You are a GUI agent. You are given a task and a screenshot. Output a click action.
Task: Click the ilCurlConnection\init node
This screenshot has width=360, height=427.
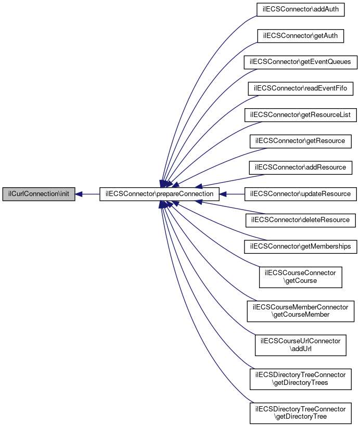[x=38, y=194]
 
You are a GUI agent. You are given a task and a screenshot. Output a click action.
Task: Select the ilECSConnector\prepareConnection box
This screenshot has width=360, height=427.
[x=159, y=194]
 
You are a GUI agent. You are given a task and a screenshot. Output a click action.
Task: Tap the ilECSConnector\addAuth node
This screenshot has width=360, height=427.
[x=301, y=9]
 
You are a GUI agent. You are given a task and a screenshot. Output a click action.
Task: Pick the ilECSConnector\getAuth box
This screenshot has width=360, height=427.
[x=301, y=36]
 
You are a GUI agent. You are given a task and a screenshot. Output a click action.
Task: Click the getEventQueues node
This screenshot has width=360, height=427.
[x=301, y=62]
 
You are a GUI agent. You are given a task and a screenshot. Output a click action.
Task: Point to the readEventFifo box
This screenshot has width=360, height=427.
[x=301, y=88]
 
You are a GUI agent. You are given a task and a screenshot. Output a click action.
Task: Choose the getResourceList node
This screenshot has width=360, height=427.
[x=301, y=115]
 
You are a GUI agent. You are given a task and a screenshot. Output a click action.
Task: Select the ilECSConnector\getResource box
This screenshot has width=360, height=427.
[x=301, y=141]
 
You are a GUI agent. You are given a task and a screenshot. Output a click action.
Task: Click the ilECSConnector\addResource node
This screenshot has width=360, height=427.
[x=301, y=168]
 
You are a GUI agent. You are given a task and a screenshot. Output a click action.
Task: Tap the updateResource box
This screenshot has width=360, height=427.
[x=301, y=194]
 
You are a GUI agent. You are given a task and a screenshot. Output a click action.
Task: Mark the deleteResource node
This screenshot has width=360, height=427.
[x=301, y=221]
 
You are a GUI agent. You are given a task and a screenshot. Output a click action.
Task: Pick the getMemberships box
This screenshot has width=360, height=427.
[x=301, y=247]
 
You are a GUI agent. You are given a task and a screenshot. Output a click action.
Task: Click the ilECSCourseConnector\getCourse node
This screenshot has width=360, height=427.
[x=301, y=277]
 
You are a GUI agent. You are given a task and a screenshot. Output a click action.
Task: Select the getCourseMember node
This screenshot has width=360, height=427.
[x=301, y=311]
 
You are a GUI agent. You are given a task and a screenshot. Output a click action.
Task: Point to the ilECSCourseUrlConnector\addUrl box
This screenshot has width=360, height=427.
[x=301, y=345]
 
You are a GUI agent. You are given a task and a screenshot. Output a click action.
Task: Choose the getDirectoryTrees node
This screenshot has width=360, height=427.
[x=301, y=379]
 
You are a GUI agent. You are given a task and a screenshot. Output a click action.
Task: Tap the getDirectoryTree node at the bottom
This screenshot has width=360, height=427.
[x=301, y=413]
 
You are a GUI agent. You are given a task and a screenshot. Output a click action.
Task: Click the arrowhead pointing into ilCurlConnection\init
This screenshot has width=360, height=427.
[x=79, y=194]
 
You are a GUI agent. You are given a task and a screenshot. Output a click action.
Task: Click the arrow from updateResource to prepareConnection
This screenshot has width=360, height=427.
[x=232, y=194]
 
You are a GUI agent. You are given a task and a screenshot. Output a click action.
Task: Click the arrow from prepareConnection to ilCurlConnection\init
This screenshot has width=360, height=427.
[x=87, y=194]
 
